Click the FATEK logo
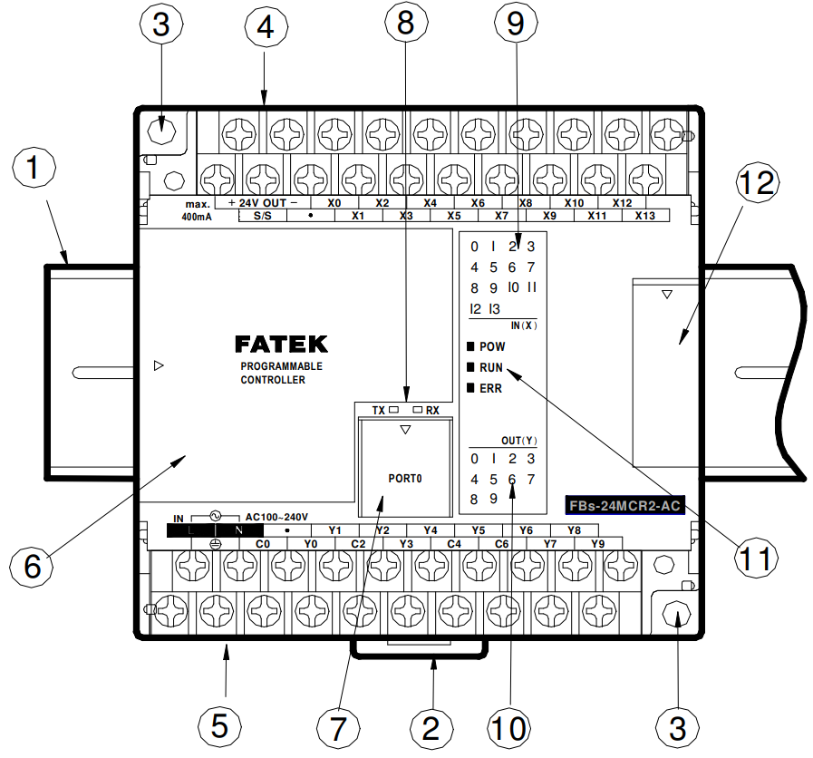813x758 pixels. (x=281, y=344)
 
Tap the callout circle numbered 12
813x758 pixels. (x=757, y=182)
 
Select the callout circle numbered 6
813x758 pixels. (x=32, y=566)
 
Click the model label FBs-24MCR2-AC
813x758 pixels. (x=624, y=505)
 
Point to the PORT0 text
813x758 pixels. (x=405, y=479)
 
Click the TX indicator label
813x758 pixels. (x=379, y=411)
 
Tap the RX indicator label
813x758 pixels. (x=432, y=411)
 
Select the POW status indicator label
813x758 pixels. (x=492, y=346)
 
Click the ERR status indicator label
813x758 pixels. (x=490, y=389)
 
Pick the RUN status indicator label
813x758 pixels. (x=491, y=367)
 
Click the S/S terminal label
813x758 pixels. (x=262, y=216)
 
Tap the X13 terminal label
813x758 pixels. (x=645, y=216)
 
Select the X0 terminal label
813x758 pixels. (x=334, y=203)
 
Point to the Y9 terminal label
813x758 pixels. (x=597, y=544)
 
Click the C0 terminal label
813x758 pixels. (x=263, y=544)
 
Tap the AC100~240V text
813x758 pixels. (x=276, y=517)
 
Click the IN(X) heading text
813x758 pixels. (x=524, y=326)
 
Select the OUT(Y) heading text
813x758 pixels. (x=519, y=441)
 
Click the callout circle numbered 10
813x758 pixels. (x=509, y=727)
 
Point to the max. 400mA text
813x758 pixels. (x=197, y=210)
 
